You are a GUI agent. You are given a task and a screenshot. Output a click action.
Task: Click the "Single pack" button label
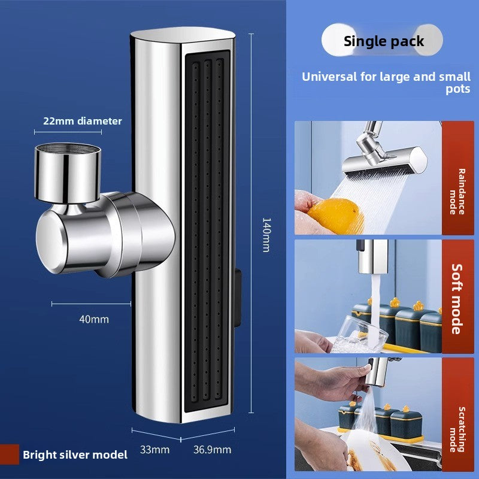click(x=383, y=41)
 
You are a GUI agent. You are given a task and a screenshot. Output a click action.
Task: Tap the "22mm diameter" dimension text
click(x=82, y=121)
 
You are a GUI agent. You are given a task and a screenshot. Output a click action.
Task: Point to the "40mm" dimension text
click(x=94, y=319)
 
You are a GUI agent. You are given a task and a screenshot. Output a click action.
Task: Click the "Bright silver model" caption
click(x=75, y=454)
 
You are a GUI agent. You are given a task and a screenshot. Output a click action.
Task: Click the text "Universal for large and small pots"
click(x=386, y=83)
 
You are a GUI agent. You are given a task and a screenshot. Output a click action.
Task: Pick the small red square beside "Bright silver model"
click(x=10, y=454)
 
